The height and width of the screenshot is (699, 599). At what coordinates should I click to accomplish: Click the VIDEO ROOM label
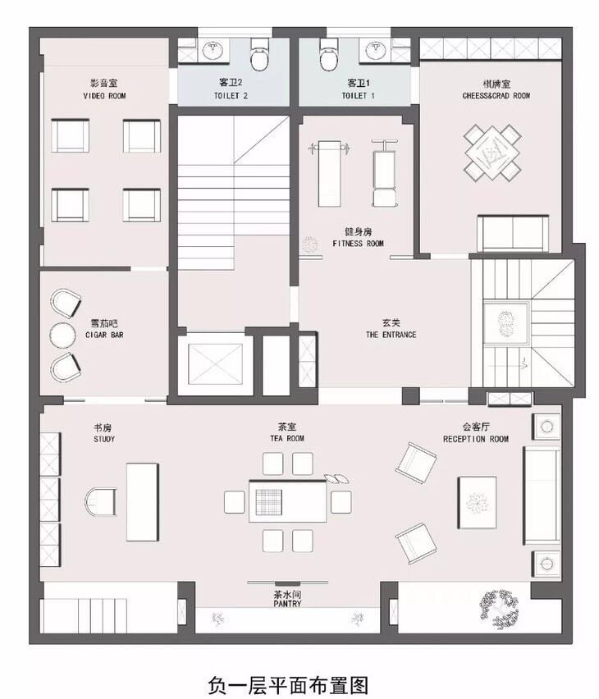104,96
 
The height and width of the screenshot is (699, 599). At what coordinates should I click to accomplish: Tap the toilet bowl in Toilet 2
260,54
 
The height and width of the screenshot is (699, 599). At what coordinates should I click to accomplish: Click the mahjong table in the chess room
492,153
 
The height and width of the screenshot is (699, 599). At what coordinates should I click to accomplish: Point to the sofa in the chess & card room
513,234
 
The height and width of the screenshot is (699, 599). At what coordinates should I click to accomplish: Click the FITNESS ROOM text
358,244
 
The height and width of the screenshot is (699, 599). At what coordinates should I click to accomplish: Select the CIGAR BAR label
104,335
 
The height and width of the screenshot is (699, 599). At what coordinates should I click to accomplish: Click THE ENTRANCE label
391,335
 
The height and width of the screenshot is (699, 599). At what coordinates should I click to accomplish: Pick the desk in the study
142,502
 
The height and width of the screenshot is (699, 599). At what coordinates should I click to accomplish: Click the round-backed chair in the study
100,502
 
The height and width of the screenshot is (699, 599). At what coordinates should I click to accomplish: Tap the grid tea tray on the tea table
269,502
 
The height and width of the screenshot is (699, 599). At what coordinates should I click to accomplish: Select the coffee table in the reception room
477,502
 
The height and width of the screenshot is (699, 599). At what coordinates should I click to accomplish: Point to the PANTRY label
288,604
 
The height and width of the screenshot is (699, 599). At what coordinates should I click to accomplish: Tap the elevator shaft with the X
216,363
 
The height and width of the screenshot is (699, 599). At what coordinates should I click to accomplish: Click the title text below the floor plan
288,685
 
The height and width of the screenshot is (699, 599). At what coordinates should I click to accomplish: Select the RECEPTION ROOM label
476,439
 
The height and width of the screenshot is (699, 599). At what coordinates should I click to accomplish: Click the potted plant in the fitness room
309,244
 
